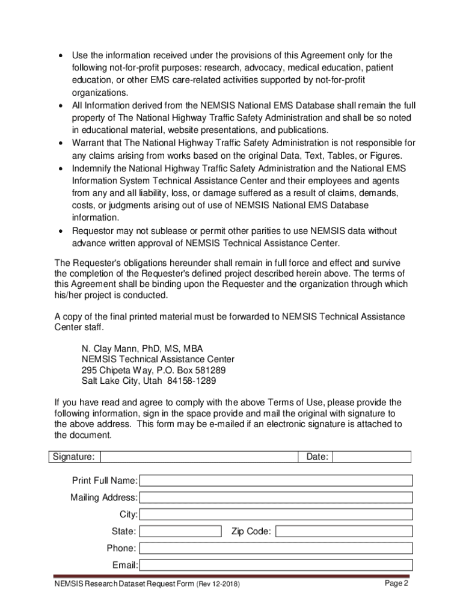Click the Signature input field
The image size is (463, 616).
point(199,457)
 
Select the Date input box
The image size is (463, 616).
point(371,457)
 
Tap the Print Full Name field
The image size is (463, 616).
point(276,481)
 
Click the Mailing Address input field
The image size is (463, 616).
point(276,497)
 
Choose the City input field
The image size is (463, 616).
point(276,514)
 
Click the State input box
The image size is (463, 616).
point(180,531)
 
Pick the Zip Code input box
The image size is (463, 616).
point(344,531)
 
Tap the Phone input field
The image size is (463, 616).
point(276,548)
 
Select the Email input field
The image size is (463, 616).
point(276,565)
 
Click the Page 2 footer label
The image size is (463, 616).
point(397,584)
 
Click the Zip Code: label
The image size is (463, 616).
point(251,531)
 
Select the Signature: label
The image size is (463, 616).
point(73,457)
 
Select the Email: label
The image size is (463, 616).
point(125,565)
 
